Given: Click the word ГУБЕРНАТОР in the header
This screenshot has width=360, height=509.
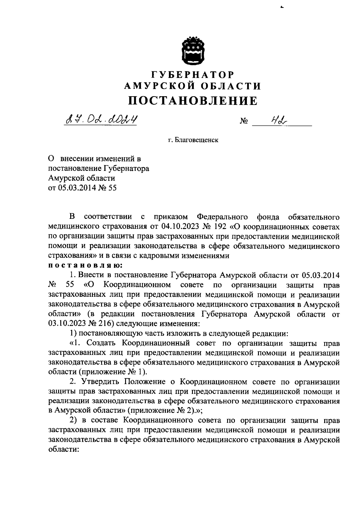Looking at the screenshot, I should pyautogui.click(x=193, y=74).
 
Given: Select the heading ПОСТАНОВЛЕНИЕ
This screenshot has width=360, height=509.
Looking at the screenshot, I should pyautogui.click(x=193, y=101).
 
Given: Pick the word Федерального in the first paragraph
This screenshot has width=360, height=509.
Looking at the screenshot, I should pyautogui.click(x=222, y=217).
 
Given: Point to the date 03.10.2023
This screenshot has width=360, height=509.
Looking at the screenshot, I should pyautogui.click(x=67, y=323).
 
